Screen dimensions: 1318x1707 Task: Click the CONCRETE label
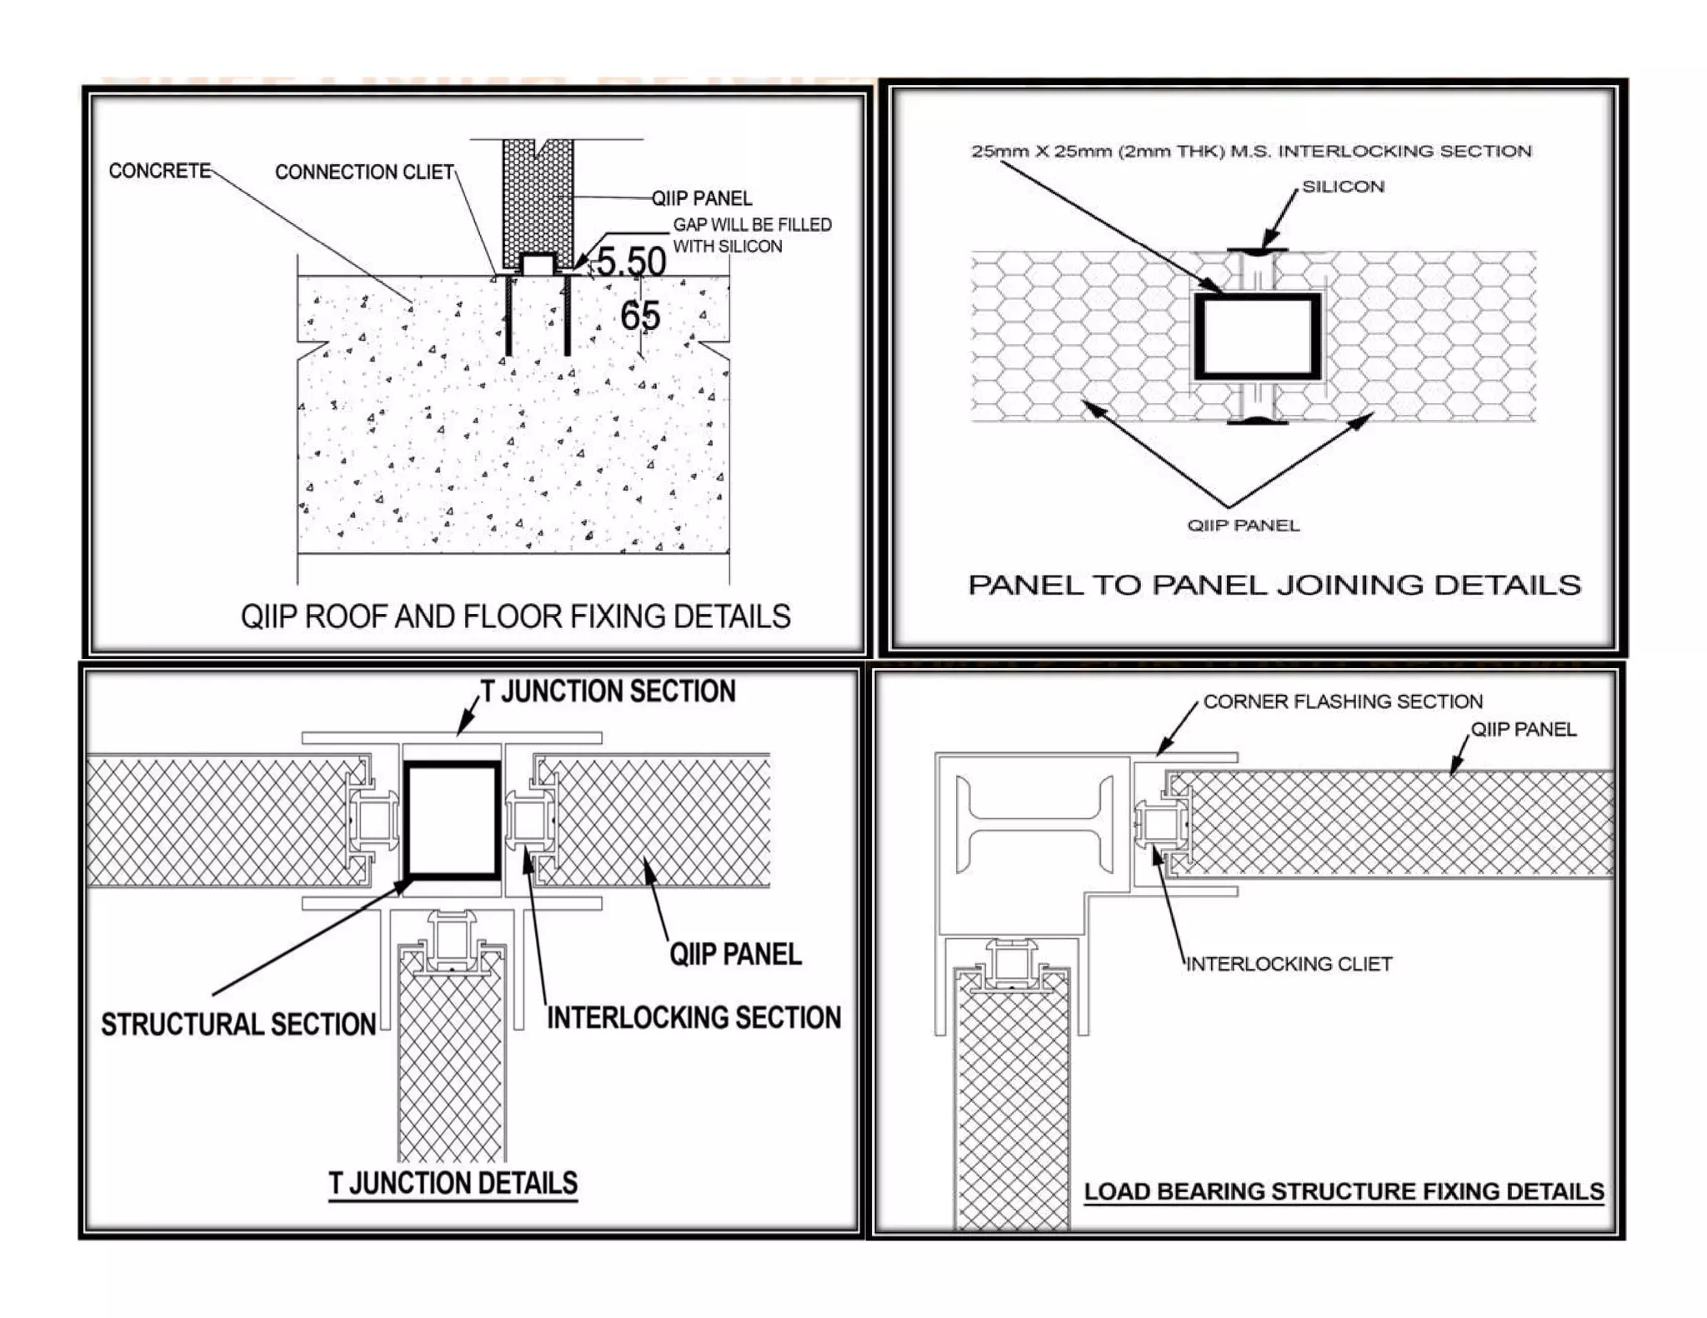160,171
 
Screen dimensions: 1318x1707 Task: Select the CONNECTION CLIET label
364,172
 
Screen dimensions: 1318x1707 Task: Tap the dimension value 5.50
631,262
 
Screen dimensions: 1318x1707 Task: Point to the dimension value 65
640,316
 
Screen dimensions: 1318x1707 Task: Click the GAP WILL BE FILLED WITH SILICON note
751,235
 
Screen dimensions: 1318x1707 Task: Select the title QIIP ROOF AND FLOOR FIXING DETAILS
515,617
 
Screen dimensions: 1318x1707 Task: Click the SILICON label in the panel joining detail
1343,187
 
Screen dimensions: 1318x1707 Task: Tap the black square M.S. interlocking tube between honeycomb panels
1258,336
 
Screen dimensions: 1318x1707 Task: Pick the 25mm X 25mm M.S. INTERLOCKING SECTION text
1250,151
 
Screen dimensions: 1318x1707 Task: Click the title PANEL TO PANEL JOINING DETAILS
1274,585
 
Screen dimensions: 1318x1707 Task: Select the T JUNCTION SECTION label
608,691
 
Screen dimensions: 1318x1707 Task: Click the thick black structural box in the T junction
453,820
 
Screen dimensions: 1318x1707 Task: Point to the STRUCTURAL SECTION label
238,1024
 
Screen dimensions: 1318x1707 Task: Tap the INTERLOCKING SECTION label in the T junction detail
693,1017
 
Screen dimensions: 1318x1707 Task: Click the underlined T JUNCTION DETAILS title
453,1183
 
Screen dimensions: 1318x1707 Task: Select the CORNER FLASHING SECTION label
1342,701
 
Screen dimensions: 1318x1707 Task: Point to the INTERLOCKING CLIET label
1289,964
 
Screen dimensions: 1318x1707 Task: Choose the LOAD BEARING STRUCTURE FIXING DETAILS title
1344,1191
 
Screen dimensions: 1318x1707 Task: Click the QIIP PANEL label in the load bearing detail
1523,730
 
